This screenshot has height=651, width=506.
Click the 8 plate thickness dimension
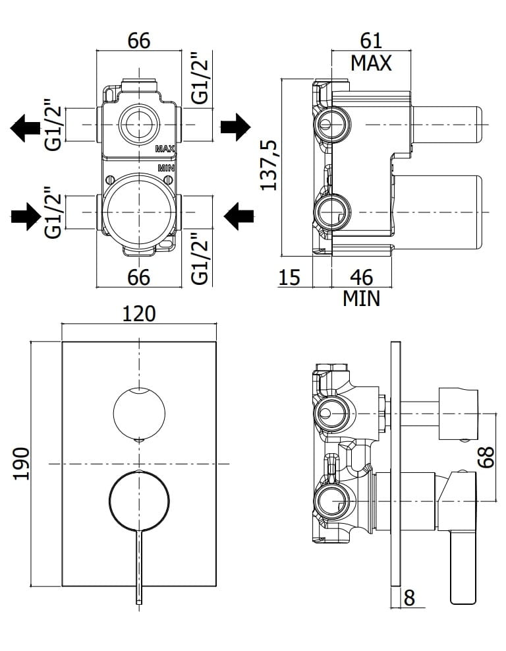pos(409,598)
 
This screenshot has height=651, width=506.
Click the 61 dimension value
pos(371,41)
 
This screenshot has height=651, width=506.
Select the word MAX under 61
pos(371,63)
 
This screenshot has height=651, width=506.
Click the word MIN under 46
pos(361,298)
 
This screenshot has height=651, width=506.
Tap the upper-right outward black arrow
pos(235,127)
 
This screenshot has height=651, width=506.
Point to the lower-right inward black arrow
pos(239,216)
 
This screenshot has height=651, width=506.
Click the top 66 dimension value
pos(139,40)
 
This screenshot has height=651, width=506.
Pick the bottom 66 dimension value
pos(139,277)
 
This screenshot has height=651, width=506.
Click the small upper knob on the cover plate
pos(139,413)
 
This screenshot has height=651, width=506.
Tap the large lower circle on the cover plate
pos(139,501)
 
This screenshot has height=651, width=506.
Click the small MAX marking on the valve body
pos(165,149)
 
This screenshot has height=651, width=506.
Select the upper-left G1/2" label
pos(54,125)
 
